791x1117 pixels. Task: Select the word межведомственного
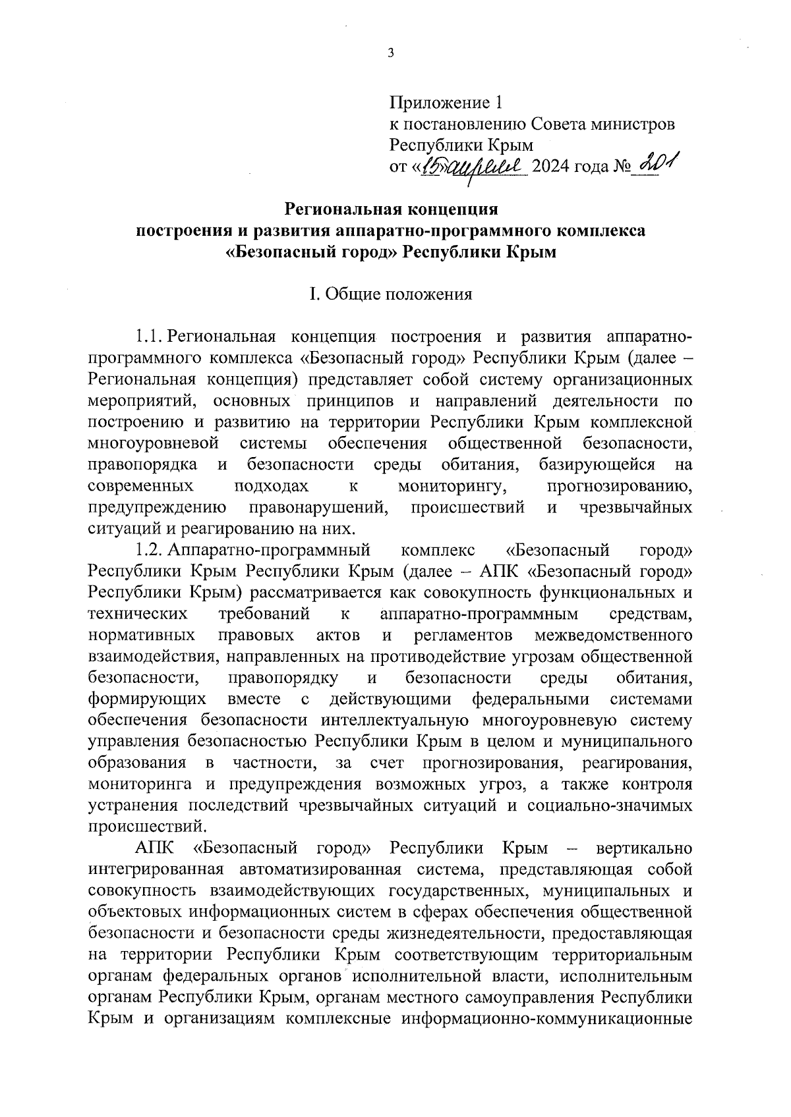point(613,636)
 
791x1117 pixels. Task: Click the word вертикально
point(643,848)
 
